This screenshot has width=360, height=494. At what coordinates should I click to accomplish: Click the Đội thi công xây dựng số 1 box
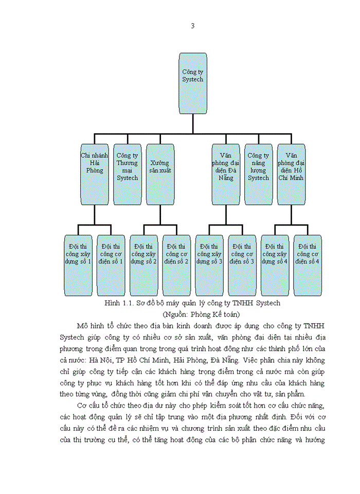coord(78,265)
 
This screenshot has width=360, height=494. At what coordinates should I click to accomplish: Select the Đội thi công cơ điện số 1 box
coord(111,265)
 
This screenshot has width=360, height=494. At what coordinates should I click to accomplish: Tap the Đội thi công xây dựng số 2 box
coord(144,265)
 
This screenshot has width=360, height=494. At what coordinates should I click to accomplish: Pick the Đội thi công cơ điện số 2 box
coord(176,265)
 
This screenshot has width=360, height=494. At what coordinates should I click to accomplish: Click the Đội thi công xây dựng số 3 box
coord(209,265)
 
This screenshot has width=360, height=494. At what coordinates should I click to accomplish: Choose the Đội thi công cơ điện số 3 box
coord(242,265)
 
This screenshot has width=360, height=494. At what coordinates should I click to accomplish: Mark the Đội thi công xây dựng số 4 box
coord(275,265)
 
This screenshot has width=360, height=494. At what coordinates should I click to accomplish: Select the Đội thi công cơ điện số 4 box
coord(308,265)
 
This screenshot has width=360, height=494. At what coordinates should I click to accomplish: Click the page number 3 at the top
coord(192,26)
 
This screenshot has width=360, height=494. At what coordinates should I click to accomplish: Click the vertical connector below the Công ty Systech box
coord(193,123)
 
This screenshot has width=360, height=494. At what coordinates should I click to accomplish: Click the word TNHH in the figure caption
coord(238,303)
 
